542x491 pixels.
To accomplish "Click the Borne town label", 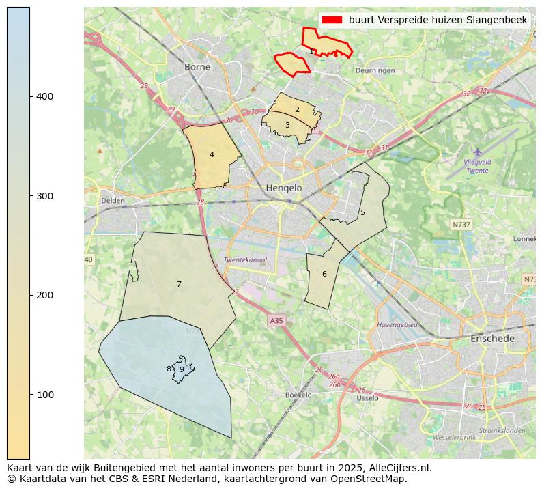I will click(x=197, y=67).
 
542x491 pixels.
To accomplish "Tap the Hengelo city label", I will click(x=283, y=188).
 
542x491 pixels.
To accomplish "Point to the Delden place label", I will click(x=113, y=201).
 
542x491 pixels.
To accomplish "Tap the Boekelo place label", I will click(x=298, y=395).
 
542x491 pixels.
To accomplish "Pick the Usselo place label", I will click(x=367, y=397).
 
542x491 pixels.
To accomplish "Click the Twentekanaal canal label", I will click(x=245, y=260).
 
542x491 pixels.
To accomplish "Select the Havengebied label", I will click(x=397, y=325).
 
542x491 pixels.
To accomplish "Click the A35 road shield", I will click(x=276, y=320).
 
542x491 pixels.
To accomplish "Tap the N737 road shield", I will click(x=461, y=224).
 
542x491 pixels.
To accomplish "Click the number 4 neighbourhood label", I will click(x=212, y=154).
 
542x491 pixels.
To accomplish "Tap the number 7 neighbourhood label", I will click(x=179, y=284).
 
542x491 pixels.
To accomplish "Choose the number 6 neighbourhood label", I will click(x=324, y=274).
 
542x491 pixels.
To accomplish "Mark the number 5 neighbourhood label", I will click(x=362, y=212).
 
